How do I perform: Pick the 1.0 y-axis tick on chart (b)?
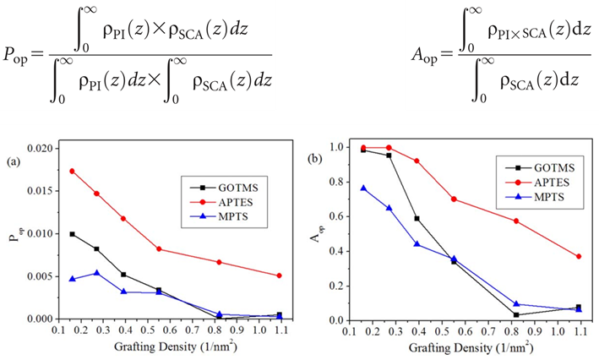338,147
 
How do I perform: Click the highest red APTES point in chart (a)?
72,171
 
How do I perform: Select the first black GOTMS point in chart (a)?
72,234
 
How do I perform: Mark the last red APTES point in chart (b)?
578,257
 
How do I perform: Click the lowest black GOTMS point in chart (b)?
516,315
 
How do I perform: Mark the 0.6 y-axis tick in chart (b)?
338,216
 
